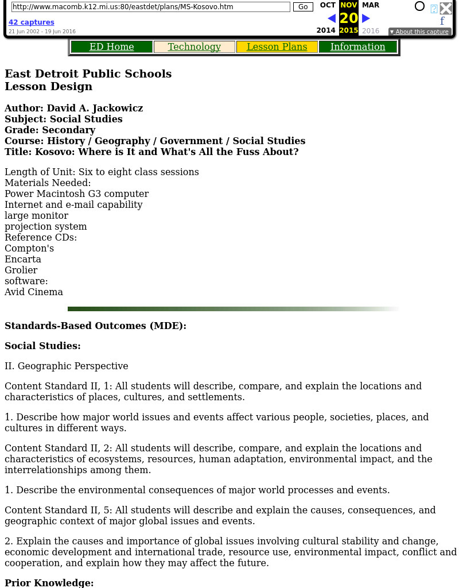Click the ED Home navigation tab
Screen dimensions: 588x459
click(111, 47)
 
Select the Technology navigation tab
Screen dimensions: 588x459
click(194, 47)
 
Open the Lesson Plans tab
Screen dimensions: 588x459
click(277, 47)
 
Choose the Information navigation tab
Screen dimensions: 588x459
click(357, 47)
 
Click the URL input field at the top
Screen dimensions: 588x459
click(150, 7)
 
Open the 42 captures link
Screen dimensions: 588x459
click(31, 22)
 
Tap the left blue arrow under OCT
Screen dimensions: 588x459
click(331, 18)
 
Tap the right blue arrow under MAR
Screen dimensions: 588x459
click(366, 18)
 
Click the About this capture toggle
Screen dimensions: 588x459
click(419, 32)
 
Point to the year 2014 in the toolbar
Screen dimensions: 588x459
click(326, 30)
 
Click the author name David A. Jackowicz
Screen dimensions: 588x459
click(95, 108)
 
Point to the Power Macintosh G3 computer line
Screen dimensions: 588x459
click(76, 194)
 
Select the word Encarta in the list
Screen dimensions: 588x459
click(23, 260)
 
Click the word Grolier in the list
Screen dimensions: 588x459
click(21, 270)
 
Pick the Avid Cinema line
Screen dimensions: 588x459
click(34, 292)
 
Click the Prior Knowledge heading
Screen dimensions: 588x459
click(49, 582)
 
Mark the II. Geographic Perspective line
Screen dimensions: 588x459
click(66, 366)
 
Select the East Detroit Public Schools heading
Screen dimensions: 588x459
click(88, 74)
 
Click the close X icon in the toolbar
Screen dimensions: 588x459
click(446, 8)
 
